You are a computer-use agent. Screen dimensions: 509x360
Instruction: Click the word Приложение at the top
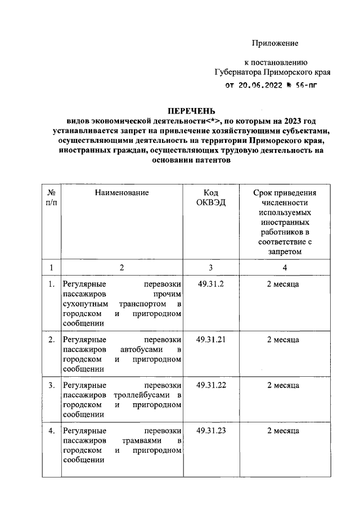tap(274, 43)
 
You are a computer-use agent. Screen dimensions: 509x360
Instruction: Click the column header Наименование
tap(121, 193)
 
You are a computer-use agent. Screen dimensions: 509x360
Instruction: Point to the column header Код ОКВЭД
tap(211, 198)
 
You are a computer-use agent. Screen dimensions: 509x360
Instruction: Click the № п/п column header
tap(51, 198)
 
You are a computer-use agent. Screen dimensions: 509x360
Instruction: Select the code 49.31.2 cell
tap(211, 284)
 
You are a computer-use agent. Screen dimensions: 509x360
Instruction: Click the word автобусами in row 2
tap(140, 350)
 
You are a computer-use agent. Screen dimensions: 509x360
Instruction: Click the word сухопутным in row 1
tap(82, 304)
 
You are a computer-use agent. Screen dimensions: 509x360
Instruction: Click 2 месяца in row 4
tap(282, 431)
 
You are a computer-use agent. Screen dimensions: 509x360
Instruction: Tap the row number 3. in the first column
tap(51, 385)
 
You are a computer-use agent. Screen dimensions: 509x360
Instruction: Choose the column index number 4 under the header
tap(285, 267)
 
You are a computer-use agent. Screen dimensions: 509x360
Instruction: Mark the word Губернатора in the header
tap(239, 72)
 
